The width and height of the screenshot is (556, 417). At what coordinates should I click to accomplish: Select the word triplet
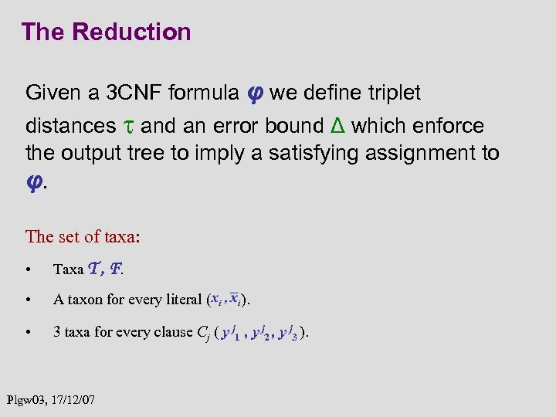[385, 94]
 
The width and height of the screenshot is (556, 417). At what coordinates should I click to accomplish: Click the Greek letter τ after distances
[128, 126]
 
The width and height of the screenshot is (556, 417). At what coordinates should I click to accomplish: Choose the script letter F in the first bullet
[115, 269]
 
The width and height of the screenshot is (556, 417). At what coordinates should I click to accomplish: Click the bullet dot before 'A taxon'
[28, 300]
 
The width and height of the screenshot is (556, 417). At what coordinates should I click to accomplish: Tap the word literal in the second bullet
[181, 300]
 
